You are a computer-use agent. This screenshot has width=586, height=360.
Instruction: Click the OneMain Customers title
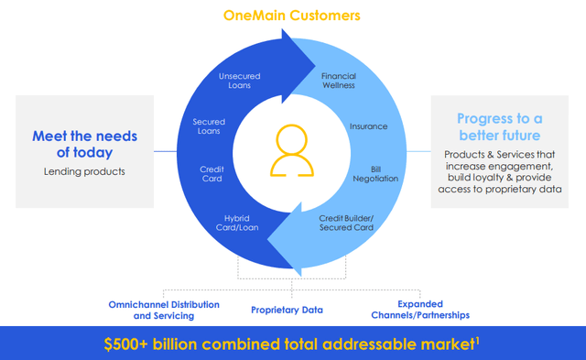[293, 16]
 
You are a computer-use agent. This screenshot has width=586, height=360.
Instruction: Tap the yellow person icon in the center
[292, 148]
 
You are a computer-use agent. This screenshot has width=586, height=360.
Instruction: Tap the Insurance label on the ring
[368, 125]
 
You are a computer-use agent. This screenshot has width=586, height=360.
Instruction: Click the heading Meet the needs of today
[85, 144]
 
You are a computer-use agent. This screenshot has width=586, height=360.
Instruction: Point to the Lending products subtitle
[85, 170]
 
